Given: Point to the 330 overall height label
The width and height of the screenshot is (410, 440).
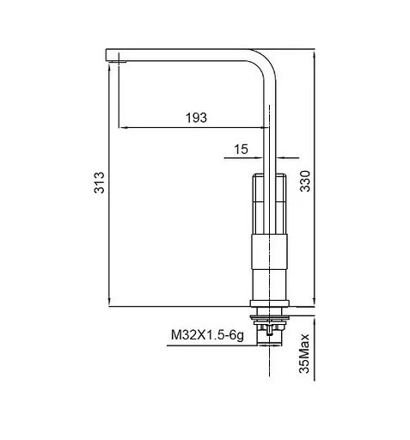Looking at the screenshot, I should pos(305,181).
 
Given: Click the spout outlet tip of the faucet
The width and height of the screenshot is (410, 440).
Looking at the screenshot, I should pos(113,60).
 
